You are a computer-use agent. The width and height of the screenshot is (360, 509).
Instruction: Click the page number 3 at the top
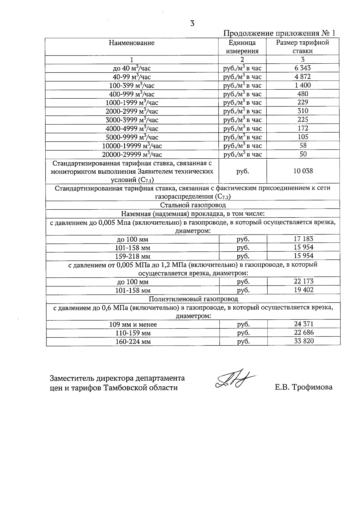pos(192,23)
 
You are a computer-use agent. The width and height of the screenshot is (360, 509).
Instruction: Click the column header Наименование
pos(132,43)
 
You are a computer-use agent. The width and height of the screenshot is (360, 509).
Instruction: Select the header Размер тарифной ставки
pos(302,46)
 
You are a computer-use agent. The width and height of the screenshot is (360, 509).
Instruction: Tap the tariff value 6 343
pos(303,68)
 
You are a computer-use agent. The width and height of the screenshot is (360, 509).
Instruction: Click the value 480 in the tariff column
pos(303,94)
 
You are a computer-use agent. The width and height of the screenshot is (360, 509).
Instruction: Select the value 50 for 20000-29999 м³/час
pos(303,154)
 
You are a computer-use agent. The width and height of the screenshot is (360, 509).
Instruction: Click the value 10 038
pos(303,171)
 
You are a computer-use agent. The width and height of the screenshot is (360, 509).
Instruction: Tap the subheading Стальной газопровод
pos(193,205)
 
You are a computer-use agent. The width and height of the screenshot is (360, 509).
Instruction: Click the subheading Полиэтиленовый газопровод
pos(193,299)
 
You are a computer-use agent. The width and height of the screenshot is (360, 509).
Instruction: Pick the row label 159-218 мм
pos(133,256)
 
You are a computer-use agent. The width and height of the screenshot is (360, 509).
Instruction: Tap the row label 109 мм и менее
pos(133,325)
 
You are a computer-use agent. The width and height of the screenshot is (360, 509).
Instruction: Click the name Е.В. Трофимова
pos(304,387)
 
